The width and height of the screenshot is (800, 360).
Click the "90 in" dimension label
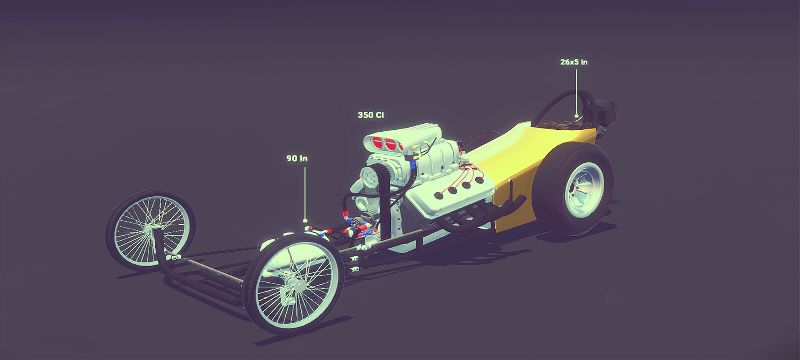(297, 158)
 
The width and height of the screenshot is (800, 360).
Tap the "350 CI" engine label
(371, 115)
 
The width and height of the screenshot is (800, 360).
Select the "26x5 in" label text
(574, 62)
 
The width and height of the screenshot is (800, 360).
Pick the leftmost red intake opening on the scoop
(377, 143)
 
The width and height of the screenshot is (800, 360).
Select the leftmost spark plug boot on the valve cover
(439, 195)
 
